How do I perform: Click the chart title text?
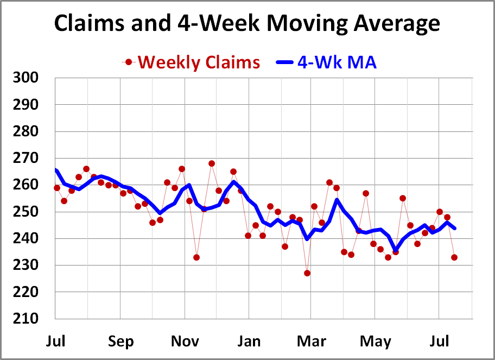[x=247, y=24]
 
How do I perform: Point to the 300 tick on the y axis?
[x=26, y=78]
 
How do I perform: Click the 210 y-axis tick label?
[x=26, y=319]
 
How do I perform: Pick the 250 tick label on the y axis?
[x=26, y=212]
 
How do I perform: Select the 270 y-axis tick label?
[x=26, y=158]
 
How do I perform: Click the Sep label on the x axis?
[x=120, y=342]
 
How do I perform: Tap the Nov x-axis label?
[x=185, y=342]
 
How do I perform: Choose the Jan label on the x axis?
[x=249, y=342]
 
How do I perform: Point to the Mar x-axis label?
[x=312, y=342]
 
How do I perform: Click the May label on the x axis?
[x=376, y=342]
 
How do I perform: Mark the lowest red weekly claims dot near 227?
[x=307, y=273]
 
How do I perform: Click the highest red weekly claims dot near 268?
[x=212, y=163]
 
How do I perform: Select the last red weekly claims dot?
[x=454, y=257]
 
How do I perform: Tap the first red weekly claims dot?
[x=57, y=188]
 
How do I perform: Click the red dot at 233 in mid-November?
[x=196, y=257]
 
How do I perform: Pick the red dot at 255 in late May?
[x=403, y=198]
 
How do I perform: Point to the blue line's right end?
[x=454, y=228]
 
